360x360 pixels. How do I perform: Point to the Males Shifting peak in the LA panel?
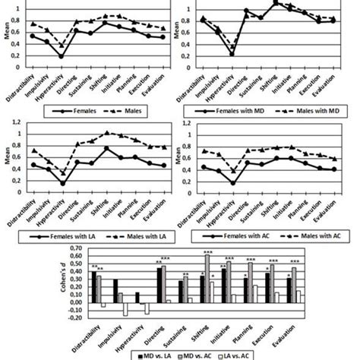[107, 132]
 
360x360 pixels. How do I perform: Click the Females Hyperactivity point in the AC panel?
[232, 182]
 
